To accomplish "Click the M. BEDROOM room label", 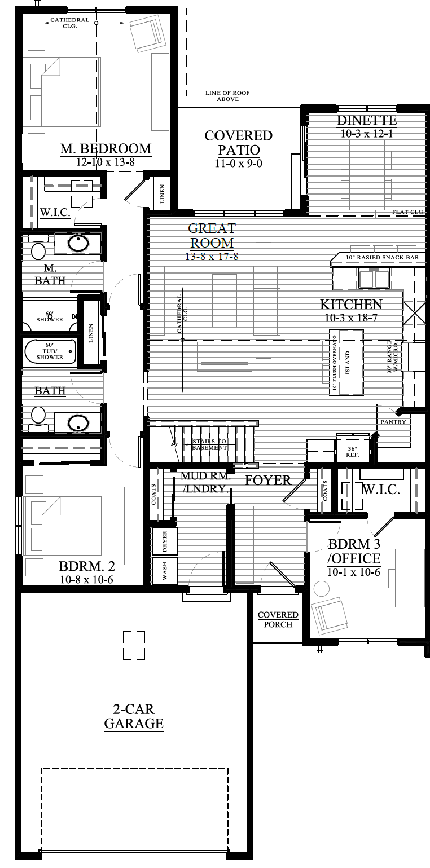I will pos(106,148).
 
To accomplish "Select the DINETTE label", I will pos(366,121).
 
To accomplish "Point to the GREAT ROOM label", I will pos(212,236).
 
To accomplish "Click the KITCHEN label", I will pos(351,305).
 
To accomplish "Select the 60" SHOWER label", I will pos(50,316).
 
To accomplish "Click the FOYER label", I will pos(268,480).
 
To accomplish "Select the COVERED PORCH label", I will pos(278,619).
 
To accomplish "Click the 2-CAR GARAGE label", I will pos(134,716).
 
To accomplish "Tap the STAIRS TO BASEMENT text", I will pos(210,444).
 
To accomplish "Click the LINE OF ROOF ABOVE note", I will pos(227,96).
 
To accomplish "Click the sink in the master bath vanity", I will pos(77,244).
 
